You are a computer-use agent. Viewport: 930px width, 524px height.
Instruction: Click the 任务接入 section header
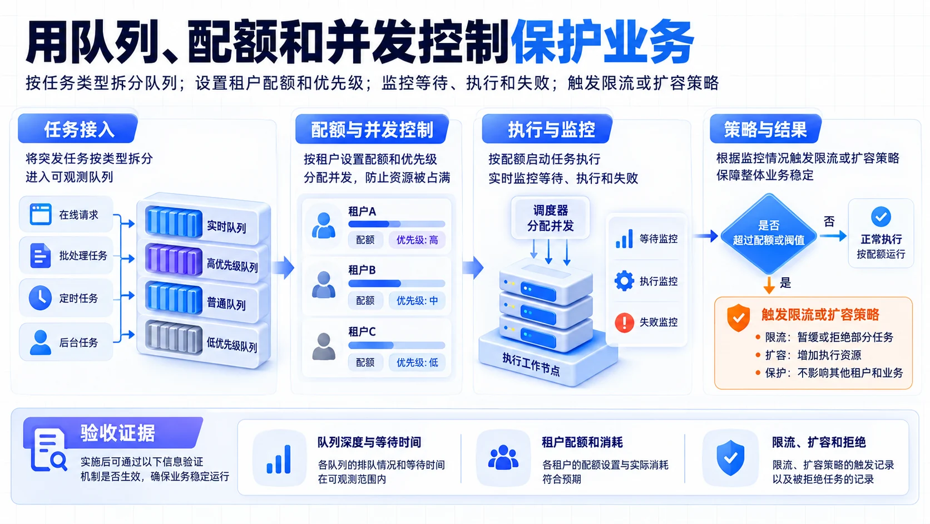coord(78,129)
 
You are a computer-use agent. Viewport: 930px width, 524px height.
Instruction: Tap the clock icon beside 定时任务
coord(40,297)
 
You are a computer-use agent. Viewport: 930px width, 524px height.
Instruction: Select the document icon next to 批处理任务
coord(40,255)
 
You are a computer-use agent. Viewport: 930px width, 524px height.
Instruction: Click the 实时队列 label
coord(226,227)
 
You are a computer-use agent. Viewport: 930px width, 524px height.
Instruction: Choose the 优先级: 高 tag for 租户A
coord(417,240)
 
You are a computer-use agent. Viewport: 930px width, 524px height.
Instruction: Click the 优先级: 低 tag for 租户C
coord(417,363)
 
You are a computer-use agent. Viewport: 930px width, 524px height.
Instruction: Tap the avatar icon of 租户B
coord(323,285)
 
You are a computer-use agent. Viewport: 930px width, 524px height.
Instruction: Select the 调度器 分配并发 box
coord(550,218)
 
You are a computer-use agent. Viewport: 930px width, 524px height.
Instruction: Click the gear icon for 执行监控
coord(624,281)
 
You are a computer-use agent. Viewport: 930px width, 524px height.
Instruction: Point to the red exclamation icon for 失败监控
coord(624,322)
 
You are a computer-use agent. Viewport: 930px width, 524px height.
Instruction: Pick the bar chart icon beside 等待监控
coord(624,239)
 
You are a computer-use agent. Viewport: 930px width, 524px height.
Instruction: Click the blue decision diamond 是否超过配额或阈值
coord(769,234)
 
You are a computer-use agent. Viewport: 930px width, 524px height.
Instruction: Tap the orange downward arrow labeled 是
coord(769,285)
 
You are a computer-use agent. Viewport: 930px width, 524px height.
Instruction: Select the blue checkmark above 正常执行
coord(880,217)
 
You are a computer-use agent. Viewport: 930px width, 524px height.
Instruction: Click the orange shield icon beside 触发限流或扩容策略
coord(738,317)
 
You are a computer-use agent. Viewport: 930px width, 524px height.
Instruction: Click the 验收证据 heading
coord(118,433)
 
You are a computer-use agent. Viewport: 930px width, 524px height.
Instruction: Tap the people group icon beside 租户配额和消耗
coord(503,458)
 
